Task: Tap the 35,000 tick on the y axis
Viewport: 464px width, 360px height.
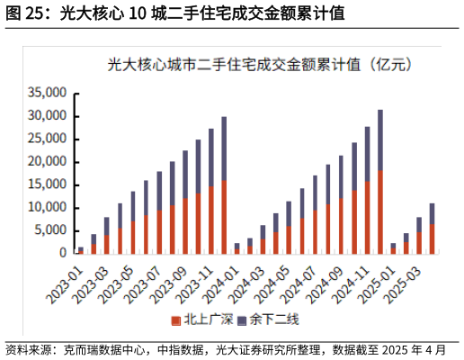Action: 48,93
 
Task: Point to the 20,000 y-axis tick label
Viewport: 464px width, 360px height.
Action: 48,161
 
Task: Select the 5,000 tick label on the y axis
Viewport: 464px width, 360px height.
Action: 51,229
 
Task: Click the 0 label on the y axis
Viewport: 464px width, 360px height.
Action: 63,253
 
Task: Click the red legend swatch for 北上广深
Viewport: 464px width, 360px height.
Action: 176,319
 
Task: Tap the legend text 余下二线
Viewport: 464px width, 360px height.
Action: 269,319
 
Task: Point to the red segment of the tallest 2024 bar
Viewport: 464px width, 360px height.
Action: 380,211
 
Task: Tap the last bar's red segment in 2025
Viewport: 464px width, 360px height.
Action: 433,238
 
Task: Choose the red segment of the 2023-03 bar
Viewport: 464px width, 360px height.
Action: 106,244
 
